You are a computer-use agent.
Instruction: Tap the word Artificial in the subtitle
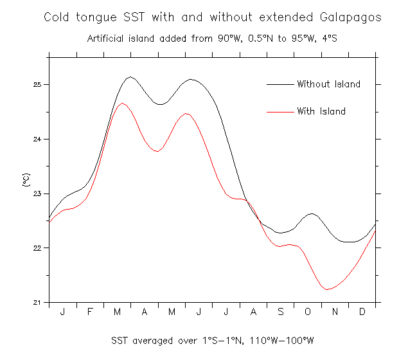coord(106,38)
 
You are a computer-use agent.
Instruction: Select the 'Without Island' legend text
coord(328,84)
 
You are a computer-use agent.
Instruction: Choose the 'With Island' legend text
coord(321,111)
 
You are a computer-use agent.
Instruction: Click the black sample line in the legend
coord(279,84)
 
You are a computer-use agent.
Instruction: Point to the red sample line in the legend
coord(279,111)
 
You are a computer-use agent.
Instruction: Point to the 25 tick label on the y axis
coord(38,85)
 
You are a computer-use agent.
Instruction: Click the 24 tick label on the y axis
coord(38,139)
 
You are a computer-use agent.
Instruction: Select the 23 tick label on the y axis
coord(38,194)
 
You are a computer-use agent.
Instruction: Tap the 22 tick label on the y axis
coord(38,248)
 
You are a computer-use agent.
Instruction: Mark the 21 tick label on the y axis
coord(38,302)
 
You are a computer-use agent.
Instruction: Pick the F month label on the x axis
coord(90,312)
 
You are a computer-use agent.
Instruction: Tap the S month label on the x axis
coord(280,312)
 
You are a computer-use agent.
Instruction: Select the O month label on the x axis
coord(307,312)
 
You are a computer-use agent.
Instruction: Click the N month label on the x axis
coord(335,312)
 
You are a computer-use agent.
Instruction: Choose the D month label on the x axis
coord(362,312)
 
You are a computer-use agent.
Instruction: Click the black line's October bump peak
coord(312,213)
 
